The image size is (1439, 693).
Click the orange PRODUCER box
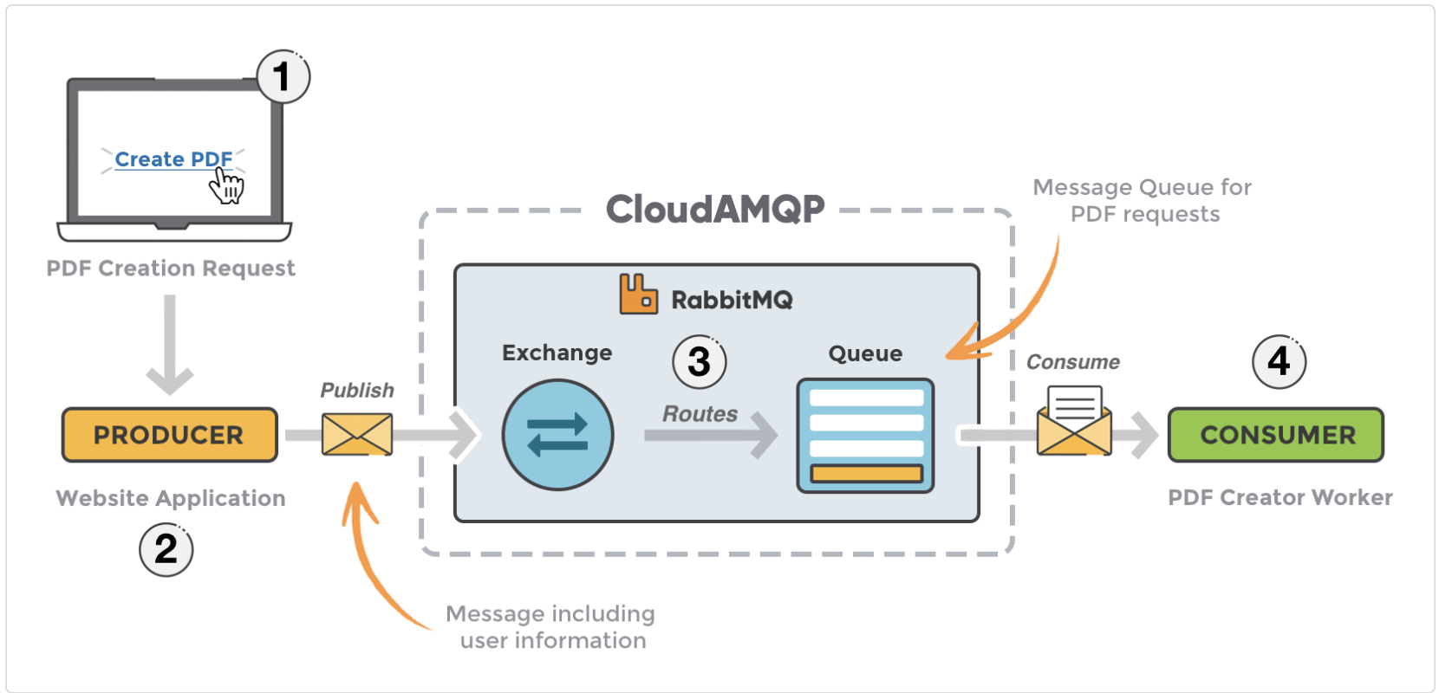pos(170,435)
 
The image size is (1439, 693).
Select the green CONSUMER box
pos(1276,435)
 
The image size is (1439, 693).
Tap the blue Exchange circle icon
pos(557,435)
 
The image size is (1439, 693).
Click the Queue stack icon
pos(865,435)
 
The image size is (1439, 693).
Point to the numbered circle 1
pos(283,77)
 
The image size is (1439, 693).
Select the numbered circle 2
pos(166,549)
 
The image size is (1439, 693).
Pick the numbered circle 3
pos(699,362)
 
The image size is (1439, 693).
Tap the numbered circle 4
pos(1279,361)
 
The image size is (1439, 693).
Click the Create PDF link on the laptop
pos(173,159)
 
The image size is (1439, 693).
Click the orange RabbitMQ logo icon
pos(638,294)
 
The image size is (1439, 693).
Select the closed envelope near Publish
pos(357,434)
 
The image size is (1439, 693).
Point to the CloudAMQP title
pos(715,209)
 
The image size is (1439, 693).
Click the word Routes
pos(700,414)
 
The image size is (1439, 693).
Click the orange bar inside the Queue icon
pos(865,473)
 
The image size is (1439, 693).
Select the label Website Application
pos(171,498)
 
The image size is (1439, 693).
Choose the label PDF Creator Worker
pos(1279,497)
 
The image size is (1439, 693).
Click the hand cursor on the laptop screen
pos(228,185)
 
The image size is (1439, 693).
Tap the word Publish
pos(357,391)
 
